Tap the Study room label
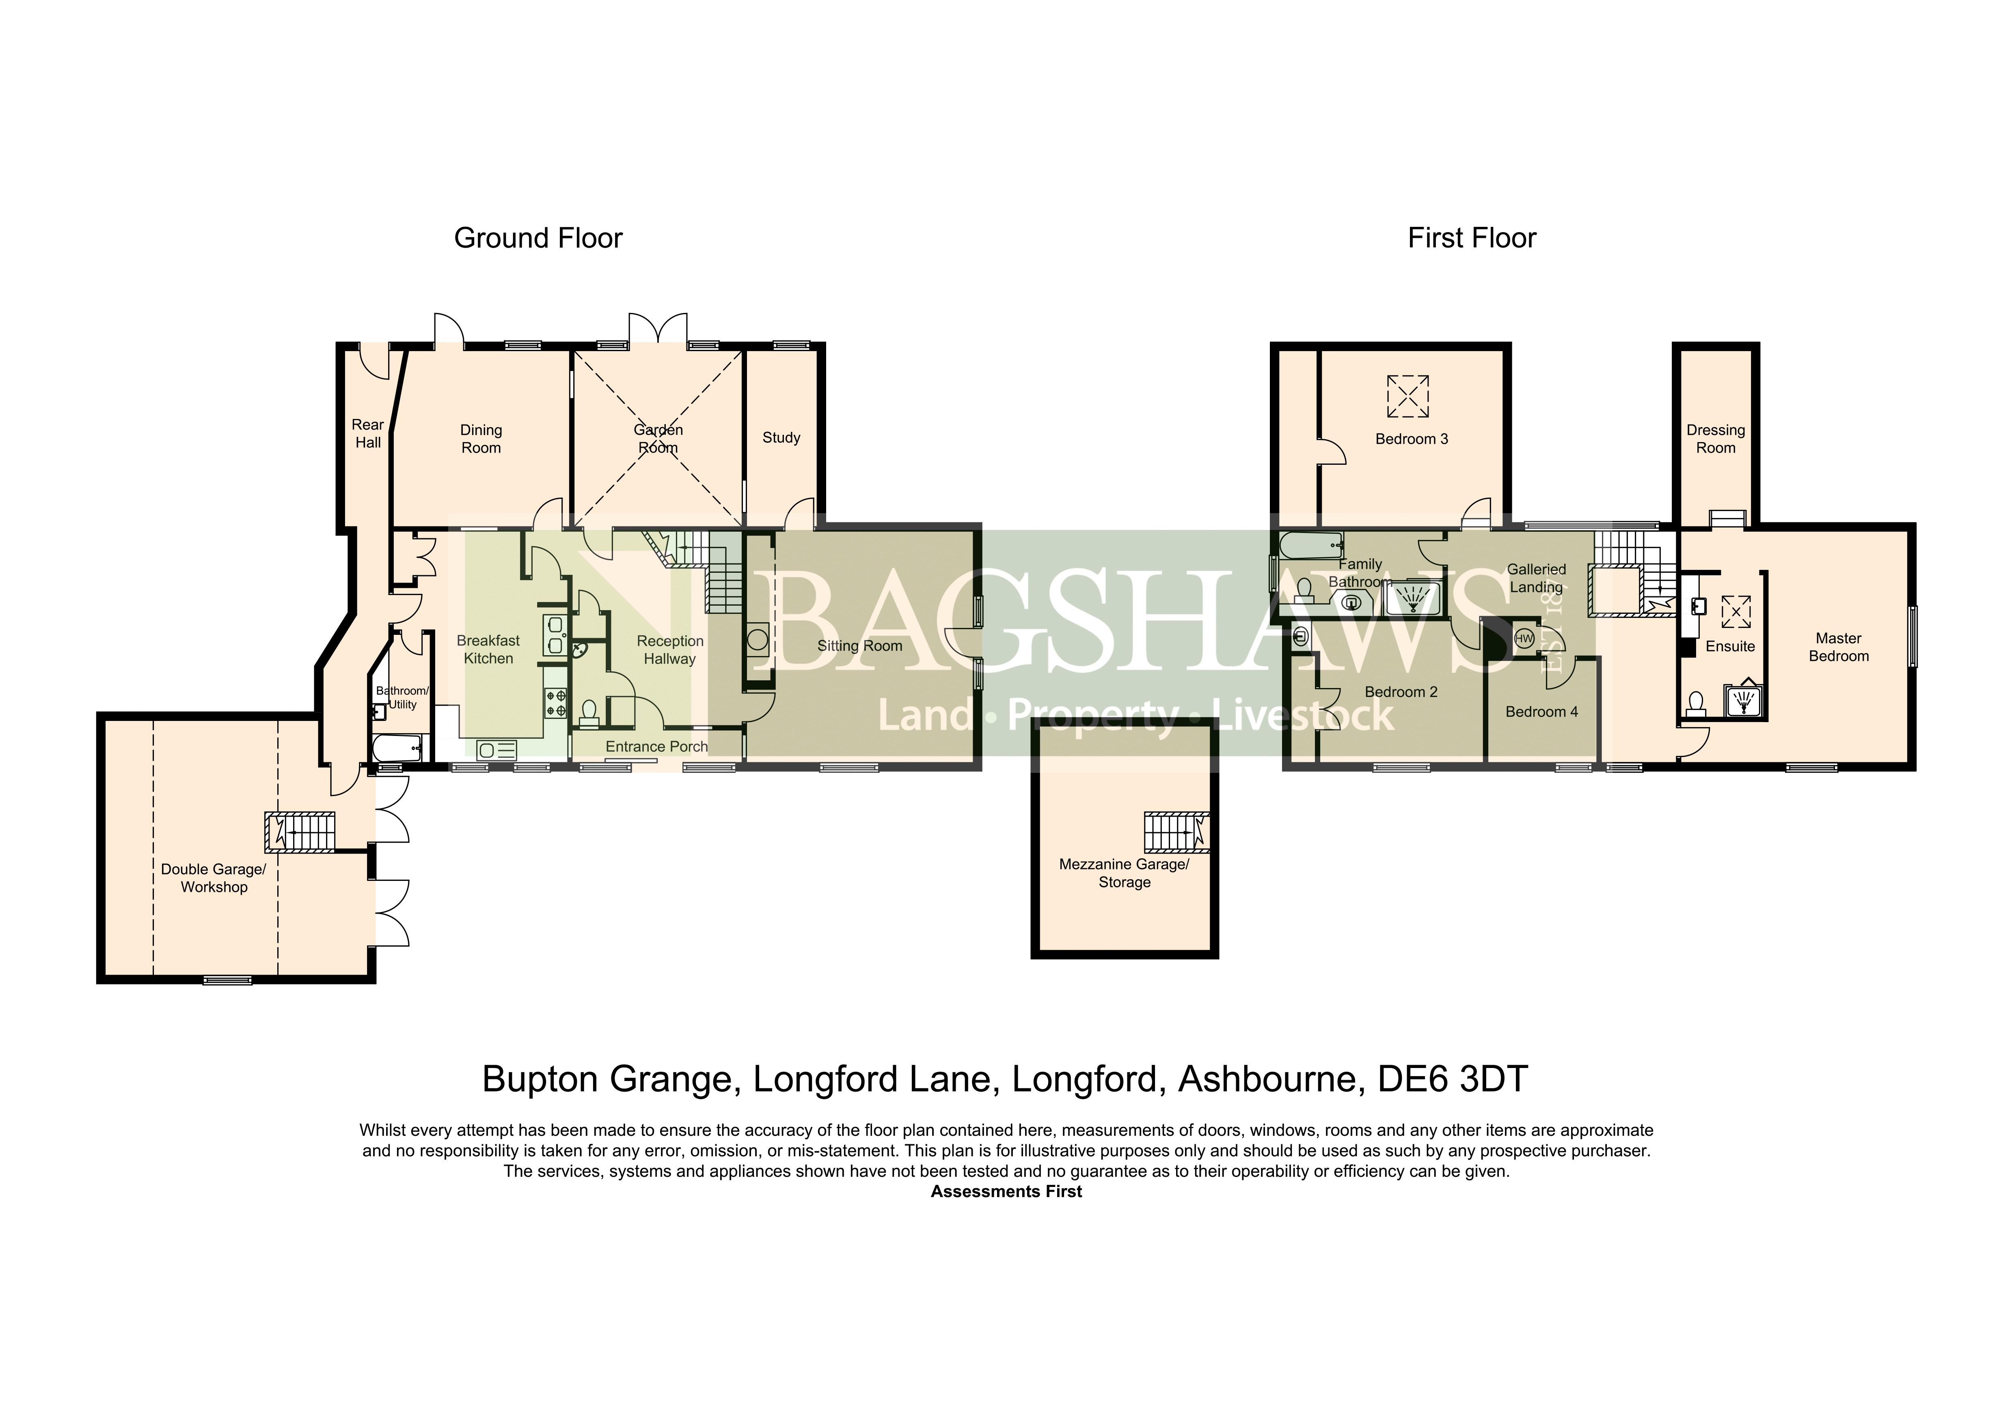point(781,438)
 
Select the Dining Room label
point(481,438)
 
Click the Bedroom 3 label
point(1412,438)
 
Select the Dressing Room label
point(1716,438)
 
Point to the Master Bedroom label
point(1839,647)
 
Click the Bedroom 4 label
point(1541,711)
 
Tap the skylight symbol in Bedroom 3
point(1408,396)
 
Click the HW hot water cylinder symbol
point(1524,639)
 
